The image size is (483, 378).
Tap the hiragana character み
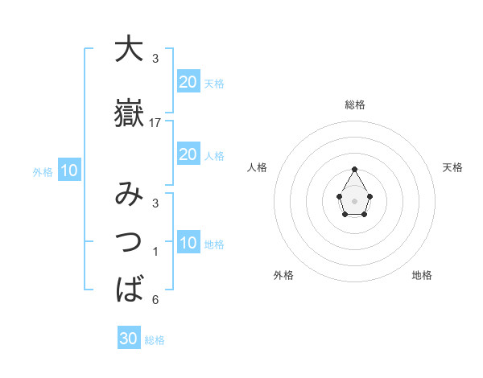click(x=129, y=195)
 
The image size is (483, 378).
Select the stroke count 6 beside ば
click(x=155, y=300)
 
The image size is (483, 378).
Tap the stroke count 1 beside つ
click(x=155, y=252)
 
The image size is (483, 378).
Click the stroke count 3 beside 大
click(x=155, y=58)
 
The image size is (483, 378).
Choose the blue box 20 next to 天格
click(x=188, y=81)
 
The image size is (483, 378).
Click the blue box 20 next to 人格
click(x=188, y=154)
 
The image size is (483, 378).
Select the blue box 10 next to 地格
click(x=188, y=243)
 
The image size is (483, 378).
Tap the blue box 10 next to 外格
click(x=69, y=171)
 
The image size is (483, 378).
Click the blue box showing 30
click(x=129, y=339)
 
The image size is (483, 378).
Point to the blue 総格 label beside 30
click(x=155, y=340)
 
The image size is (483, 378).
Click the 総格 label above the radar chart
click(x=355, y=105)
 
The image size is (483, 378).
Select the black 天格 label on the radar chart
click(x=452, y=167)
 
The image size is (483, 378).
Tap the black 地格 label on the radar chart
click(x=422, y=275)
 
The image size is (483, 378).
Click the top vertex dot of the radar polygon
click(x=355, y=169)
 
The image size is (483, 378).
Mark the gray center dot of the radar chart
click(x=355, y=199)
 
